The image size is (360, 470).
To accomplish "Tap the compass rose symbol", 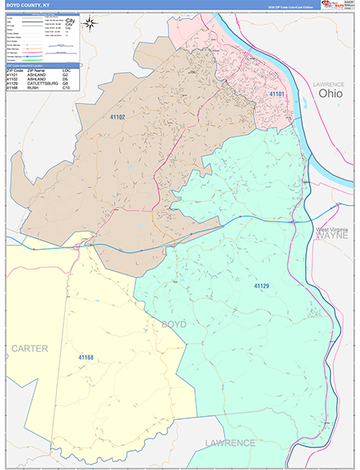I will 90,23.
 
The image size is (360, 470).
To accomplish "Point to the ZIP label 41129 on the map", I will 261,287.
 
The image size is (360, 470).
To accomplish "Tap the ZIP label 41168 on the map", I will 86,357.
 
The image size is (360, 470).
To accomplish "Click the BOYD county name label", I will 174,324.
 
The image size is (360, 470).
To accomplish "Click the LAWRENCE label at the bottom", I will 230,443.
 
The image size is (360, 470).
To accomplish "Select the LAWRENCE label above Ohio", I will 329,83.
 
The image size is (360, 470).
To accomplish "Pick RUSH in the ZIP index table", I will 34,87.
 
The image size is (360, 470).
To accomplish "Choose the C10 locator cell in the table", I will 67,87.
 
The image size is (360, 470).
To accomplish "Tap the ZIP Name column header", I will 38,70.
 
